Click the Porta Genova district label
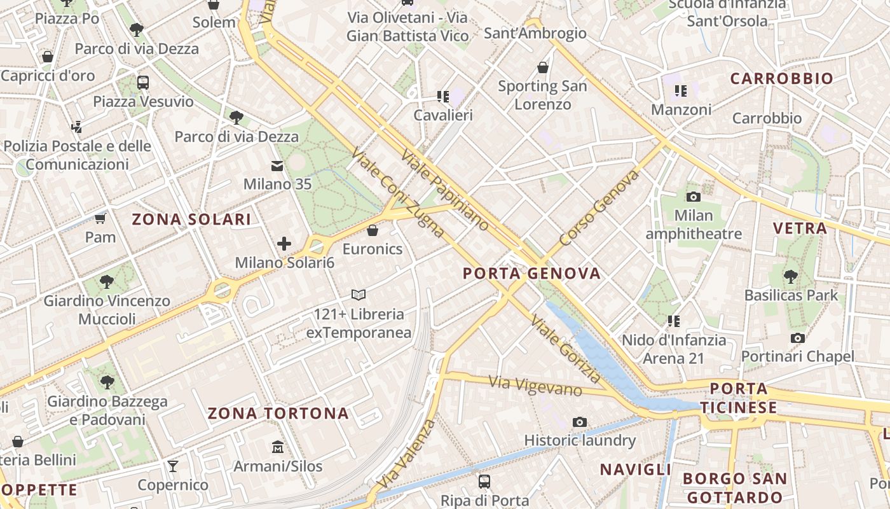[531, 274]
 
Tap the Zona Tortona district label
[278, 414]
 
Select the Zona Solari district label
[191, 220]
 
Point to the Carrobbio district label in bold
[781, 79]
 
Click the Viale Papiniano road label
[446, 190]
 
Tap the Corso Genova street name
[599, 207]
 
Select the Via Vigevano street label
[535, 386]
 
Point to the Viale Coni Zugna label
[398, 193]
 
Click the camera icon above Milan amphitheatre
[694, 197]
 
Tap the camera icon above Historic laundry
[579, 422]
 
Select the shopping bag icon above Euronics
[373, 230]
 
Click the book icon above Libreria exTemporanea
[359, 295]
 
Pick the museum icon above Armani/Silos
[278, 447]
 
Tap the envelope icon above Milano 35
[277, 166]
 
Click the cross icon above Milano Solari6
[284, 244]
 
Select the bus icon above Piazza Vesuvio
[143, 82]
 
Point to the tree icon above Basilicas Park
[791, 276]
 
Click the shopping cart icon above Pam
[100, 219]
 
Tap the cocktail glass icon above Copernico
[173, 466]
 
